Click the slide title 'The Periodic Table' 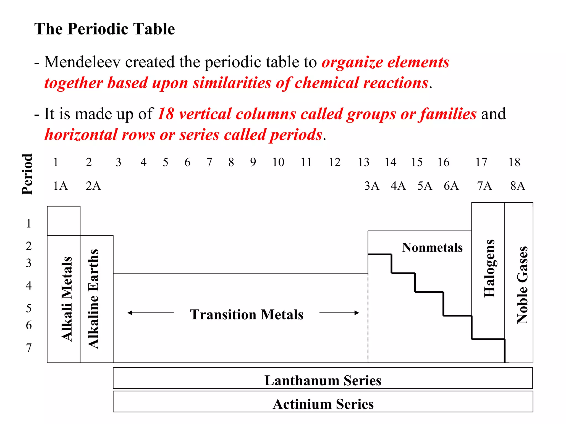click(104, 29)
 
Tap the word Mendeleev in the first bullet click(82, 62)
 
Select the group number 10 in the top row click(278, 162)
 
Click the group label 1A click(60, 186)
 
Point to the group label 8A click(517, 186)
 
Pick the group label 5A click(424, 186)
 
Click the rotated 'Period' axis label click(27, 174)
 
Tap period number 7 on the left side click(29, 348)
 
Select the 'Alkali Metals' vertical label click(67, 299)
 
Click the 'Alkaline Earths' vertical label click(93, 299)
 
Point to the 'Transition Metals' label click(247, 315)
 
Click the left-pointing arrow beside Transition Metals click(150, 313)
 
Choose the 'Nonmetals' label click(432, 248)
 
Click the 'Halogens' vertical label click(489, 268)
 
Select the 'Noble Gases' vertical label click(522, 285)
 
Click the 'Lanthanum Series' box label click(323, 381)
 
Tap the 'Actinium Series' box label click(323, 404)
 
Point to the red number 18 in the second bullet click(166, 114)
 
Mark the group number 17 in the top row click(481, 162)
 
